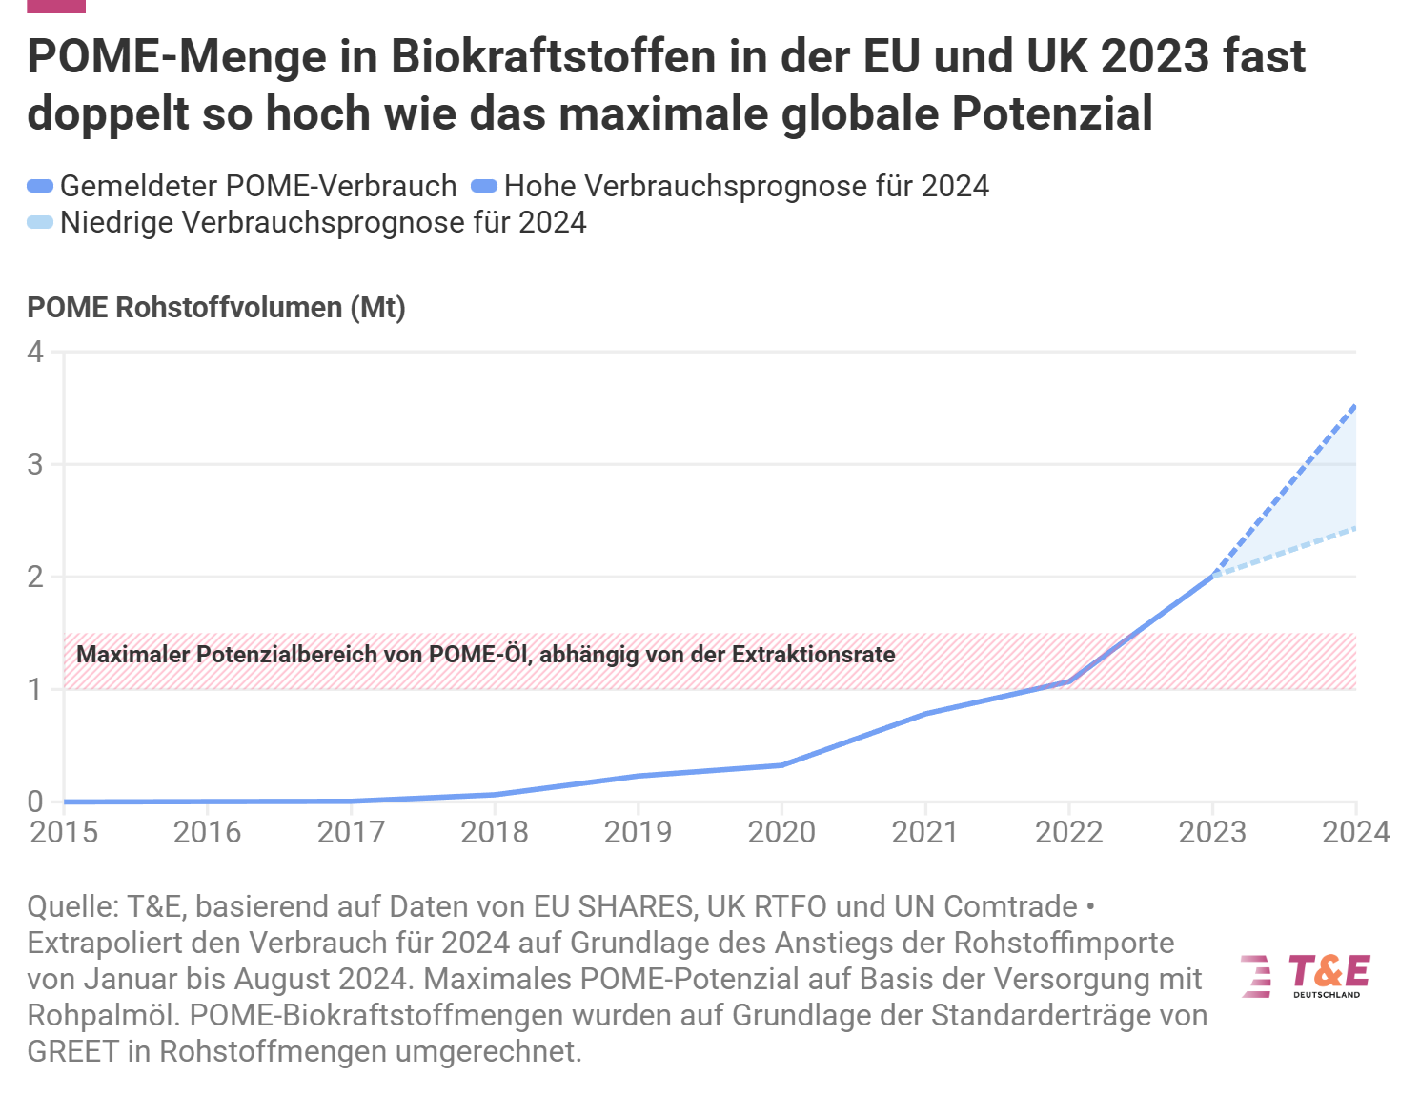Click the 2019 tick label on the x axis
(x=638, y=832)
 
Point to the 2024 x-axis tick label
(x=1356, y=832)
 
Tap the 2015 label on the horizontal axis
(x=64, y=832)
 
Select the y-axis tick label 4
(x=35, y=352)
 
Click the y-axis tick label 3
(x=35, y=464)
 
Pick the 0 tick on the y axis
(x=35, y=802)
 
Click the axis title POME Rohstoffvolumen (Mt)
(x=216, y=308)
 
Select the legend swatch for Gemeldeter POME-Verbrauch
(x=40, y=186)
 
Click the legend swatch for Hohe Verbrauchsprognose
(x=484, y=186)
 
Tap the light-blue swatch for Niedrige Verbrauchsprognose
(x=40, y=222)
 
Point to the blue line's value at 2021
(x=925, y=713)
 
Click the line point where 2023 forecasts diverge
(x=1213, y=576)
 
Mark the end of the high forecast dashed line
(x=1356, y=406)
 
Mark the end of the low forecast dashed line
(x=1356, y=528)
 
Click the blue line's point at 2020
(x=781, y=765)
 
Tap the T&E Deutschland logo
(x=1306, y=977)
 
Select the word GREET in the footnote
(x=72, y=1051)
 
